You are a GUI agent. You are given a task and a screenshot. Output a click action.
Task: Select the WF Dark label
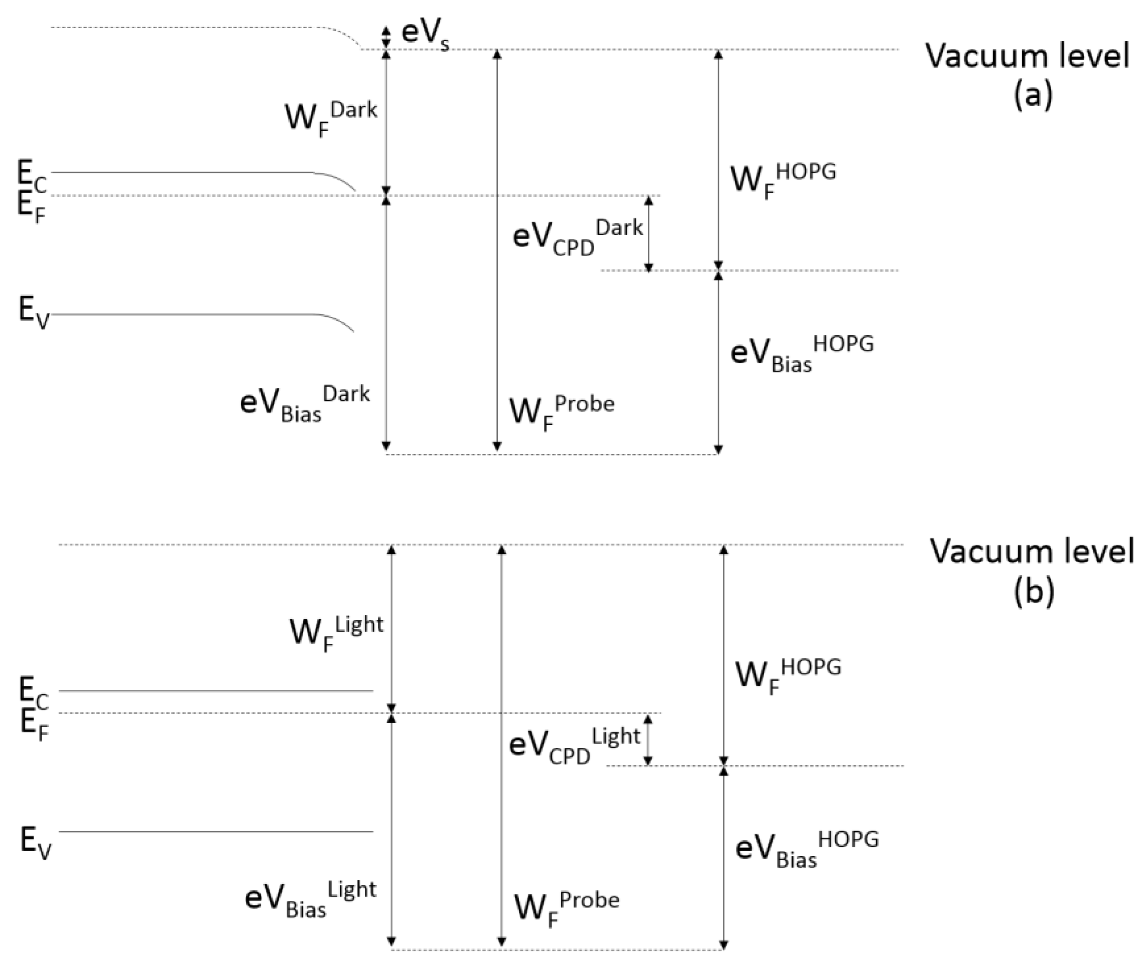[331, 117]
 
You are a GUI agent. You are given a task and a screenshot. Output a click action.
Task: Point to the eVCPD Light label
[574, 746]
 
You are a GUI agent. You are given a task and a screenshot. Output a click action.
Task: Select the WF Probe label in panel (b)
[567, 907]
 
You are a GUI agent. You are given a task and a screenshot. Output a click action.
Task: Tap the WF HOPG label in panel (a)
[783, 179]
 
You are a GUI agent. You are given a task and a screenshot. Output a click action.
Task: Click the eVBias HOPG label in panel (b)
[807, 849]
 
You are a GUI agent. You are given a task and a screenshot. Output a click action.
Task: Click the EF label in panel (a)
[31, 208]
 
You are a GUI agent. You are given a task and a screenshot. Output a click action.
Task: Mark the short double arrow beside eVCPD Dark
[649, 233]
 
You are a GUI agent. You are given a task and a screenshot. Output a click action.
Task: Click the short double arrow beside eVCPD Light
[648, 739]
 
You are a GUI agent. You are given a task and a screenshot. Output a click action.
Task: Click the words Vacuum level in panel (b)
[1031, 551]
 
